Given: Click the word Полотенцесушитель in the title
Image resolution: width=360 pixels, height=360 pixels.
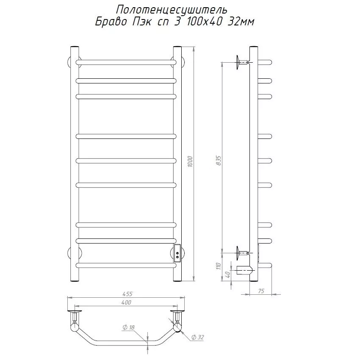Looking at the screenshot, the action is pos(172,10).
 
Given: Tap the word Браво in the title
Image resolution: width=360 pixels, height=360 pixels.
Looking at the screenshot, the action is pos(111,22).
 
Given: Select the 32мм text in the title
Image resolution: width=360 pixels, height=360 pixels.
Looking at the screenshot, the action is pos(241,22).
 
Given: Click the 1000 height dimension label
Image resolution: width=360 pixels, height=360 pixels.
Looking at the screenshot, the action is pos(190,162).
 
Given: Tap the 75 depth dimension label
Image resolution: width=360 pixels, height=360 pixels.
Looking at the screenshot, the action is pos(261,291).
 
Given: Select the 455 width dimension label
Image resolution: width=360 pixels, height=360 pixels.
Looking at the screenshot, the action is pos(127,294).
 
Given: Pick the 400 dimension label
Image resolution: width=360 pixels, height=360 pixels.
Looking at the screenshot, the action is pos(126,302).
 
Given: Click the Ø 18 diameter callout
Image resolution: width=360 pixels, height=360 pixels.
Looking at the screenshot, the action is pos(128,327).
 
